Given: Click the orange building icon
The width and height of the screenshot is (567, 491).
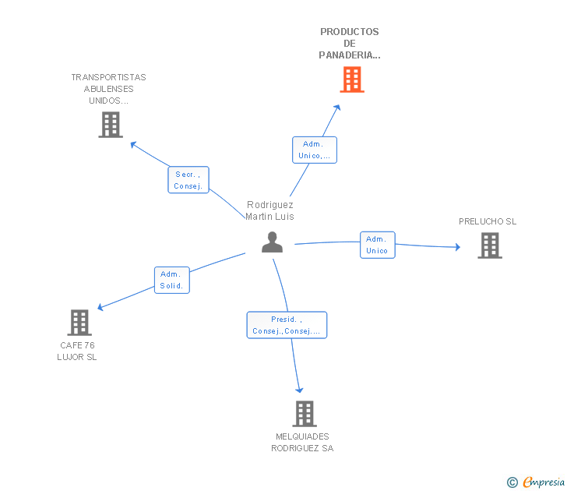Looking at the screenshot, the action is coord(352,79).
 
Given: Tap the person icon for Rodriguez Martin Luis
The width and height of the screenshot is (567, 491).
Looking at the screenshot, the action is coord(273,242).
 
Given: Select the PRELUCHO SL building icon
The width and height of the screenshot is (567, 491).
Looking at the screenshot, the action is coord(490,245).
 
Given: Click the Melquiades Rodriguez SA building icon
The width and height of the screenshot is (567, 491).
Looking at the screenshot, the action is coord(305,414).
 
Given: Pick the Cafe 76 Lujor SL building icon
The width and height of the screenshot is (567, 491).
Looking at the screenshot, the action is coord(79,323).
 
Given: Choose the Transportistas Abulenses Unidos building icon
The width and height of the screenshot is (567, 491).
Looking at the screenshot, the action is coord(111,125).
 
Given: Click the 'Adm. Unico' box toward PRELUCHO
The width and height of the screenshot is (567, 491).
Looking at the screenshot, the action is coord(378,245).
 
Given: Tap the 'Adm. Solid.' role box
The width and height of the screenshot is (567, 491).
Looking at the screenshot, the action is coord(172,280).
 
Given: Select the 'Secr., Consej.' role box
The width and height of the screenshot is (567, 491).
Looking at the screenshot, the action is coord(188,180).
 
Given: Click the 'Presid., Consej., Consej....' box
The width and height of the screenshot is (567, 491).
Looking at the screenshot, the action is coord(287,325).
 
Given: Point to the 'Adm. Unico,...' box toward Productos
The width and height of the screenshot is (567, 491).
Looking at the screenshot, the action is coord(315,150).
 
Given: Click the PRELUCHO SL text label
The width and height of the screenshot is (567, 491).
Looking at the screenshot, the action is coord(488,221).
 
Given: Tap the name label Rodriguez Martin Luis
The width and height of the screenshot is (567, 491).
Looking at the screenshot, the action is coord(269,210).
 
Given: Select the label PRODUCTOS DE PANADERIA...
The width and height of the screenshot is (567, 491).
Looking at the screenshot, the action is coord(349,44).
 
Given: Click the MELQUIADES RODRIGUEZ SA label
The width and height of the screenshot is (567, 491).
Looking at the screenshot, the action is coord(302,442).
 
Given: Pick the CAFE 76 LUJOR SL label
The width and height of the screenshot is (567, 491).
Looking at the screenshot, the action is coord(77,351).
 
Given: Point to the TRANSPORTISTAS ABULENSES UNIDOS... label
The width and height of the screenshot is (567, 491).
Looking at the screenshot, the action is coord(108,89).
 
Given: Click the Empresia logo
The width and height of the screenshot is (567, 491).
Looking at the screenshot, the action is coord(536,482).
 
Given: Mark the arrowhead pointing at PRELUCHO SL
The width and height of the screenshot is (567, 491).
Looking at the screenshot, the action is coord(458,247).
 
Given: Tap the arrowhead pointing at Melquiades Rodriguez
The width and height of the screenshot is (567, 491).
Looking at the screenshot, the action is coord(299,390).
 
